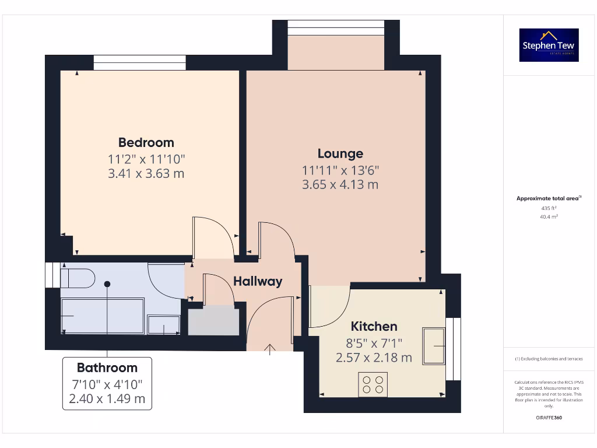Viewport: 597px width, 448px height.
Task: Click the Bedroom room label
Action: point(146,142)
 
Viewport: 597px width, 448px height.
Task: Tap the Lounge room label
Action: point(340,153)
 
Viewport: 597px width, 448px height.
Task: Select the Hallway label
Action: point(258,281)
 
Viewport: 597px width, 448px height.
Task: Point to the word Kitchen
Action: point(374,327)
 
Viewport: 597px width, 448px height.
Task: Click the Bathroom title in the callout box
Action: point(107,368)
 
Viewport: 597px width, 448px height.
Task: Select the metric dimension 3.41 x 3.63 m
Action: point(146,173)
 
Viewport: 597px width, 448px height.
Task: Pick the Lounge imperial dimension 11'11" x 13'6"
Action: point(340,170)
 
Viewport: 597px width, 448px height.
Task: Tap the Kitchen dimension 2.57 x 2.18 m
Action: point(374,357)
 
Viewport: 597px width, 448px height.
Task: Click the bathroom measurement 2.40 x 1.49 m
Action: point(107,399)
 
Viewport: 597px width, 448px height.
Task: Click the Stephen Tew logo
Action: point(549,45)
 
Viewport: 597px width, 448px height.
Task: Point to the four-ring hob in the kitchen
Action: point(373,384)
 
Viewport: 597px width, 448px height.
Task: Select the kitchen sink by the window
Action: point(434,345)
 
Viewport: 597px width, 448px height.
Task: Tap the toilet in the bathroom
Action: point(78,278)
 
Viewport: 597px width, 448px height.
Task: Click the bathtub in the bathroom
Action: point(103,316)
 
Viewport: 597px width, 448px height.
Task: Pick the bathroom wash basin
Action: point(164,325)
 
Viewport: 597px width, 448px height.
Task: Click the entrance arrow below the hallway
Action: point(270,349)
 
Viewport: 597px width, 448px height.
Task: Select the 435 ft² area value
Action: point(549,208)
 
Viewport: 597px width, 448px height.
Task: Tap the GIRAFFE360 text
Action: point(549,418)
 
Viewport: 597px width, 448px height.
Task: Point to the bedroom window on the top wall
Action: point(140,62)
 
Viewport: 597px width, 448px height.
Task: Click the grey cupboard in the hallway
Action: point(214,320)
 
